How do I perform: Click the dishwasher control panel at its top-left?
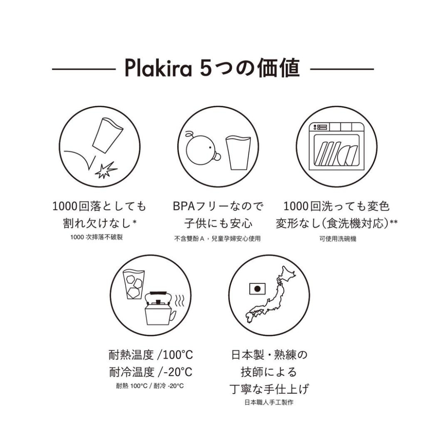point(320,127)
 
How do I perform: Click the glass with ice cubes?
point(133,284)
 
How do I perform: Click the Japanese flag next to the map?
point(256,289)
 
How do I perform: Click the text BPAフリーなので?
point(217,207)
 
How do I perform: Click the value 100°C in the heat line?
point(177,354)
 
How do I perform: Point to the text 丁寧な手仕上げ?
point(269,389)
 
